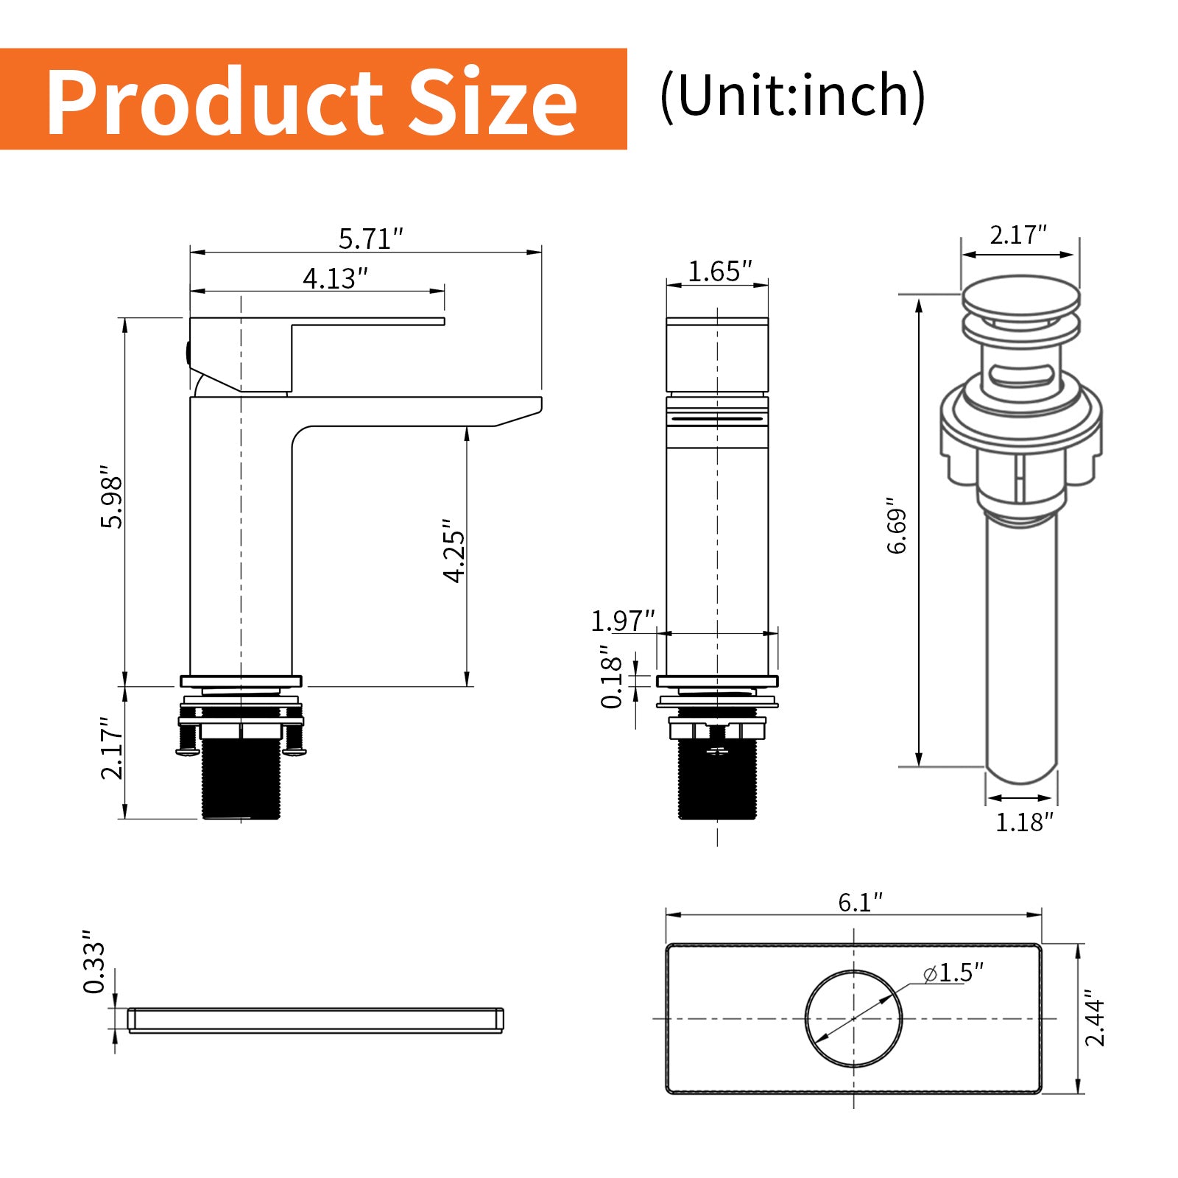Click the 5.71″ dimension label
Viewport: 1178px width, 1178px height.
pyautogui.click(x=371, y=239)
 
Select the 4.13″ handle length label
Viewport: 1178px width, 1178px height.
pyautogui.click(x=335, y=278)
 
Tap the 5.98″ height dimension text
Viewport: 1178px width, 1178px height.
pyautogui.click(x=112, y=501)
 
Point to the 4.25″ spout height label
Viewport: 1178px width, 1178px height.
pyautogui.click(x=454, y=551)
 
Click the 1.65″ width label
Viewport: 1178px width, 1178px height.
pyautogui.click(x=719, y=272)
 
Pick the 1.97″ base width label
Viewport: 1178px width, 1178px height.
pyautogui.click(x=622, y=621)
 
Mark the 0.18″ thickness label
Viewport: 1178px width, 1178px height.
pyautogui.click(x=612, y=677)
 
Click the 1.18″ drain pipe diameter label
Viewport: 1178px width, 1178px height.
pyautogui.click(x=1024, y=822)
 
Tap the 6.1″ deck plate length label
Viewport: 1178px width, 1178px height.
pyautogui.click(x=860, y=902)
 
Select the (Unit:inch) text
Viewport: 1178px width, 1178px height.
pyautogui.click(x=792, y=96)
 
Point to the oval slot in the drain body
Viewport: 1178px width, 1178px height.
pyautogui.click(x=1020, y=376)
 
